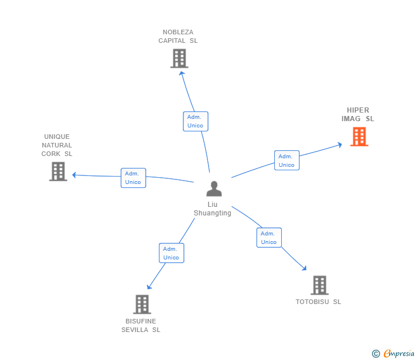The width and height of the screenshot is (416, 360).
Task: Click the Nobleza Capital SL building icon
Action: (x=179, y=58)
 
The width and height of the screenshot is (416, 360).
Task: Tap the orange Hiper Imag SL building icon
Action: (x=359, y=137)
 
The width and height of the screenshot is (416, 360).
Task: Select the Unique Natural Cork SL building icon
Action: (x=58, y=171)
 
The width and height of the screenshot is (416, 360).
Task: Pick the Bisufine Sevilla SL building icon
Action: (x=142, y=304)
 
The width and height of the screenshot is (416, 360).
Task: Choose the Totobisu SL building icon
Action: (x=319, y=285)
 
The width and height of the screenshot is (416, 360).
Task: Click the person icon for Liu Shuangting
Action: (x=214, y=189)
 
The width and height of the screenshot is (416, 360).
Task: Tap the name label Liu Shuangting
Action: (x=213, y=209)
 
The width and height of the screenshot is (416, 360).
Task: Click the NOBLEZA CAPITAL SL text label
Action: (x=178, y=37)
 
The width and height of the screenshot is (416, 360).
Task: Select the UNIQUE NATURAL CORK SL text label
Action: (x=57, y=145)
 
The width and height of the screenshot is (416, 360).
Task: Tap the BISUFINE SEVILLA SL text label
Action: (x=141, y=326)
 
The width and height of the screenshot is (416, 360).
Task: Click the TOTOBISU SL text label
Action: (x=318, y=302)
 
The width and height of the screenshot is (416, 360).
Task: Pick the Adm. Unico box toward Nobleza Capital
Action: (x=195, y=121)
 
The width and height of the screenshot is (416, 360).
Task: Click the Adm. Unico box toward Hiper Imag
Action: (x=286, y=161)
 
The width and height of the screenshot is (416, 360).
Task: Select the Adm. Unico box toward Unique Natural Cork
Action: (x=133, y=178)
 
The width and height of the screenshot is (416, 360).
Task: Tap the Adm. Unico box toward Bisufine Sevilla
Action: (x=171, y=253)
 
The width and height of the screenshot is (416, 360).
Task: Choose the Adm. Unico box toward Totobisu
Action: (x=269, y=238)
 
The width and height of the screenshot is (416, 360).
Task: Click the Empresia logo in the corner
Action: (x=399, y=354)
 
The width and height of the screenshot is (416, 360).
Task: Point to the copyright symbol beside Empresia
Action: (x=376, y=354)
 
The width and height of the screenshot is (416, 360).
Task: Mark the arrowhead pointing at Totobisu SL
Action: (x=305, y=268)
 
